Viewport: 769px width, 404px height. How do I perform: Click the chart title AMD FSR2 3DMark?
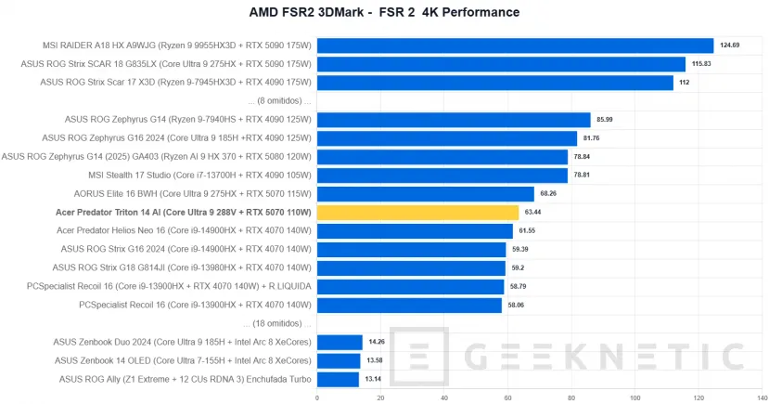384,12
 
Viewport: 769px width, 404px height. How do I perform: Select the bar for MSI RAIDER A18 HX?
515,46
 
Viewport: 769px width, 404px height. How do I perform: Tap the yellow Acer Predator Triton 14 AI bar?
417,212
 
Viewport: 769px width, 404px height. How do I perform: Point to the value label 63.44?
534,212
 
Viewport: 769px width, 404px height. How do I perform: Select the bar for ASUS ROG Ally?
338,379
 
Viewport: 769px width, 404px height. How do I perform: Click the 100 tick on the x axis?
635,397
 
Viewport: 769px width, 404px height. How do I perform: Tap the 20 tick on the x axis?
381,397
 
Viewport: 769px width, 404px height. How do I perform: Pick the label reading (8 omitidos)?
280,100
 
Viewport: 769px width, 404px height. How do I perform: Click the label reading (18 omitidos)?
277,323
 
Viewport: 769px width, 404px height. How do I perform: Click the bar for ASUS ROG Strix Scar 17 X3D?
495,83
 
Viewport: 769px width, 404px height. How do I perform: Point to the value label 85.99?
606,120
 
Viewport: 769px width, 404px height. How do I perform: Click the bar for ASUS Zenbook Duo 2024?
340,342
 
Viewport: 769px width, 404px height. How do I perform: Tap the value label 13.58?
375,360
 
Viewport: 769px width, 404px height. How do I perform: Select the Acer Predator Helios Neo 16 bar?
415,230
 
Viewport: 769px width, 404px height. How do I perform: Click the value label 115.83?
700,64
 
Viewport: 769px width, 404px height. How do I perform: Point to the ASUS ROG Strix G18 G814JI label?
186,267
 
